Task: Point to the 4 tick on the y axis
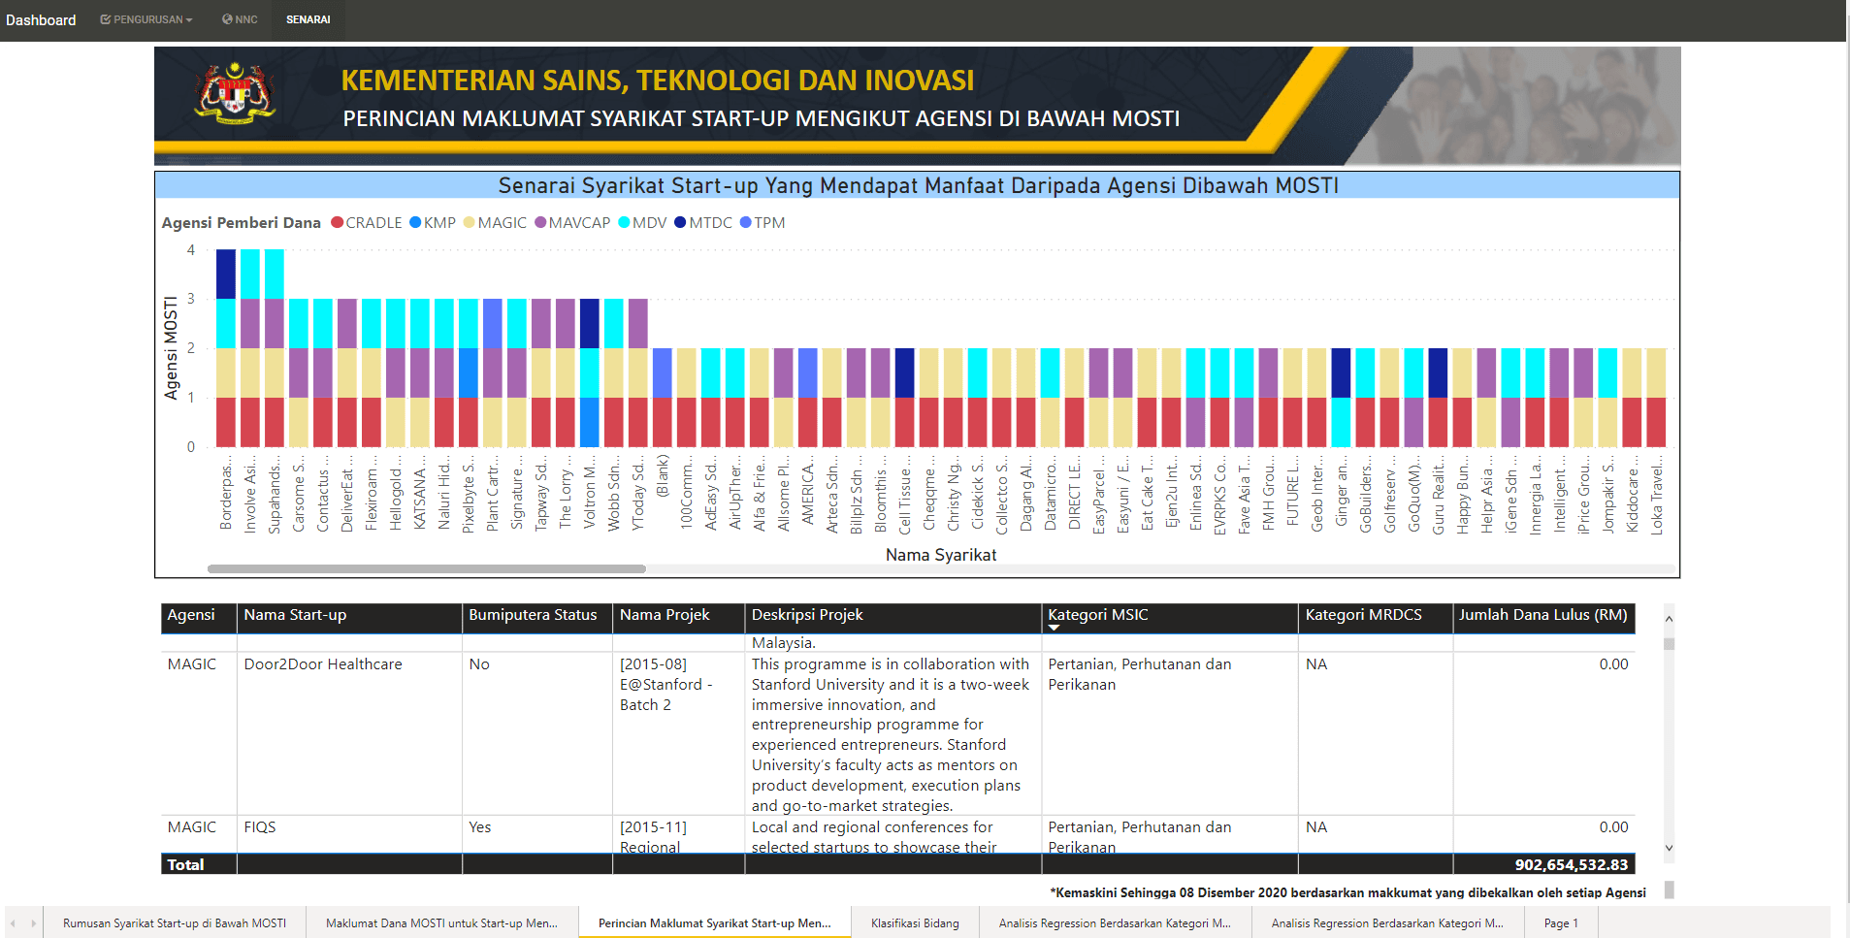click(x=191, y=250)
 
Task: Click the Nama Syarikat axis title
click(x=940, y=555)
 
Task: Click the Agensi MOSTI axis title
click(x=172, y=348)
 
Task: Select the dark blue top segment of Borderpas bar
click(x=226, y=274)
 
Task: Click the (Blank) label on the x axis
click(x=663, y=475)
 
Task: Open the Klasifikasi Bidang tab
click(x=915, y=922)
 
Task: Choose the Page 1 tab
click(x=1561, y=922)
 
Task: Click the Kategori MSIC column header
click(x=1097, y=615)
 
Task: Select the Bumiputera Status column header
click(x=533, y=615)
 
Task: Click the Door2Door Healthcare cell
click(x=323, y=664)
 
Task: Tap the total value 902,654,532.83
click(x=1571, y=864)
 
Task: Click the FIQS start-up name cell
click(x=260, y=827)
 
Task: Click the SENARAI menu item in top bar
click(x=308, y=19)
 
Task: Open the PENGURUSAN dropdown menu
click(x=146, y=19)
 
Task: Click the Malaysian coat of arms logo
click(x=236, y=94)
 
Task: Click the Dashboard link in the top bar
click(x=41, y=20)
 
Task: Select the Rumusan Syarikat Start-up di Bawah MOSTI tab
click(x=175, y=922)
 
